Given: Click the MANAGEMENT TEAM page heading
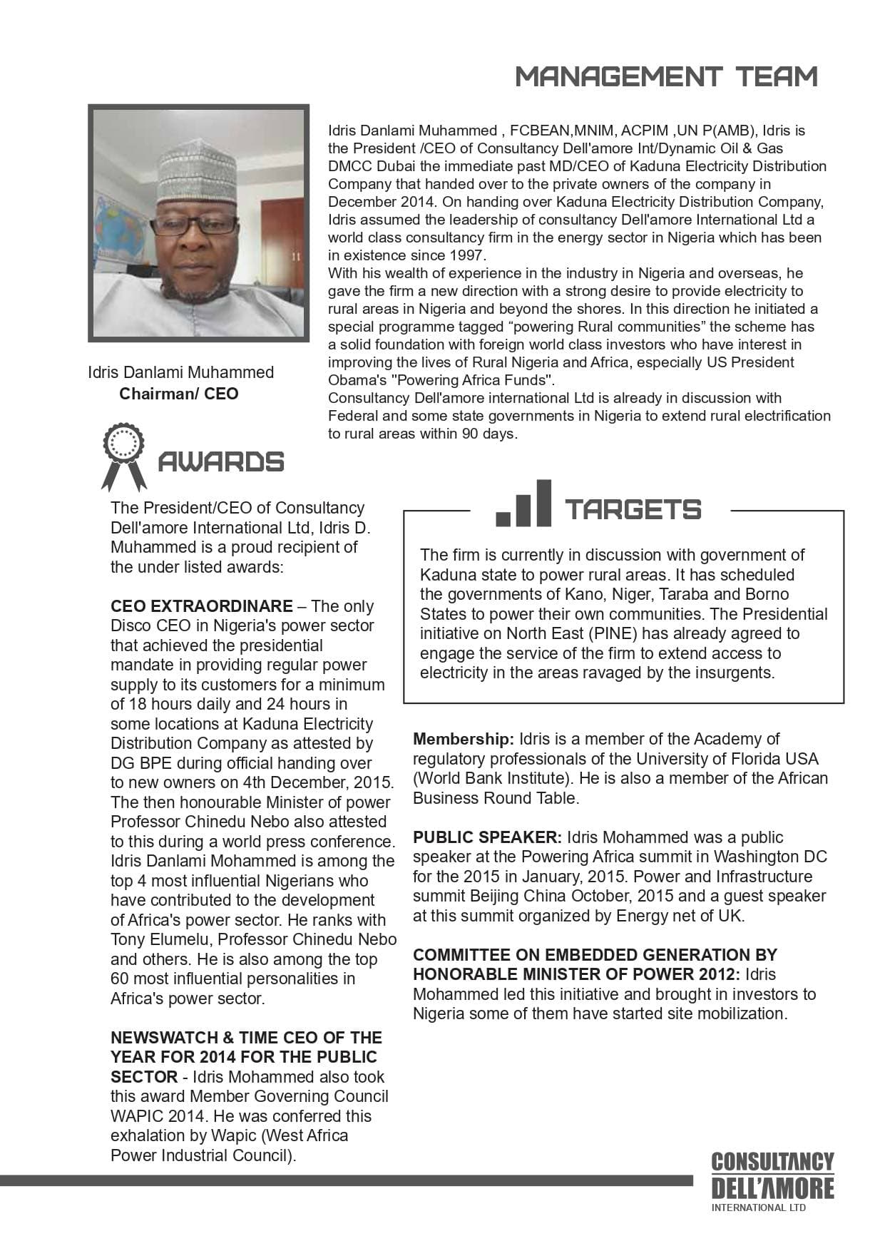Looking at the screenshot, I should point(666,76).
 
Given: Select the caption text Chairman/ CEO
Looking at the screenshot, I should point(179,394).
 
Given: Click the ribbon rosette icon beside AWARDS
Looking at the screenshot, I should point(123,456).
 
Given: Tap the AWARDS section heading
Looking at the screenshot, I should point(220,462).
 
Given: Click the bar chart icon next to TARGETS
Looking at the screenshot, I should point(524,504).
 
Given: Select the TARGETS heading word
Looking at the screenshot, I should point(633,510).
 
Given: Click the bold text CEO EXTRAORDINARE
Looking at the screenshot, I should point(201,606).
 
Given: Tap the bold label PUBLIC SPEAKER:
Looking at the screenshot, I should point(487,837).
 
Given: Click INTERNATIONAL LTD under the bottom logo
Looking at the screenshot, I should point(759,1207).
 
